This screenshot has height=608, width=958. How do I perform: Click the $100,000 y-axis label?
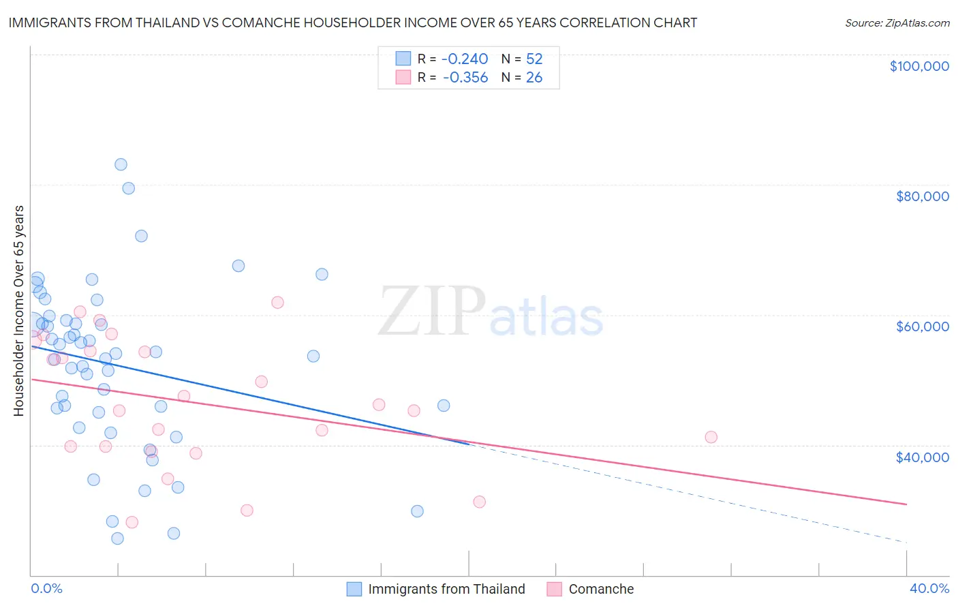919,66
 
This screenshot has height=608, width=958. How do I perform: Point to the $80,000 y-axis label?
922,196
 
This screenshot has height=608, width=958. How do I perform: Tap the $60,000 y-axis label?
922,326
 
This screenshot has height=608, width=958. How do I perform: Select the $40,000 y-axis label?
922,457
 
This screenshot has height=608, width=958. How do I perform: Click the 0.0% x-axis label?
46,588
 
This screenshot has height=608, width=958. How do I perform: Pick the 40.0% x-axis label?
929,588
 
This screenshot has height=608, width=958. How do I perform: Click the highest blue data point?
121,164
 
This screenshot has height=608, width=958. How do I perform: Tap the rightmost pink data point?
711,437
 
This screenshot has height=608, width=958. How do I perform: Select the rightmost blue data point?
444,406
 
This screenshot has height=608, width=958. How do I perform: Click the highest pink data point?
277,303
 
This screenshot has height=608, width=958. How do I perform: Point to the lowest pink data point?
132,522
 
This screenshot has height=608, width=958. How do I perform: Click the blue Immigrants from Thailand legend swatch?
354,589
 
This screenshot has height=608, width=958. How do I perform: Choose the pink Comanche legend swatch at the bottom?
555,589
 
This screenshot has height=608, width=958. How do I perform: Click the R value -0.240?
465,59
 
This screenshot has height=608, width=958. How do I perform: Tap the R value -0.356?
465,78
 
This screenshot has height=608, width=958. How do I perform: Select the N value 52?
534,59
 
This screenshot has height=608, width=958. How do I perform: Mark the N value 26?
534,78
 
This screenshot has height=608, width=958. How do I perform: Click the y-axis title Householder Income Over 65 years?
19,310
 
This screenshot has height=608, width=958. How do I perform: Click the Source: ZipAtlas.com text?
897,23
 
